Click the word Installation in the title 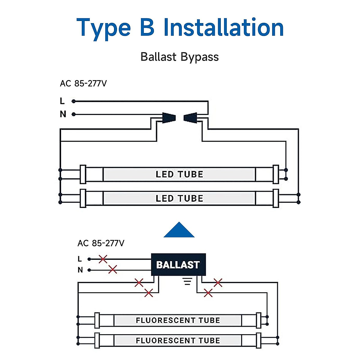tap(223, 27)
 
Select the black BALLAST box tap(178, 264)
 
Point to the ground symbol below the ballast tap(187, 281)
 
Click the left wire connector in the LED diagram tap(169, 118)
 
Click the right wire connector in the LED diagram tap(190, 118)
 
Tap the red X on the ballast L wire tap(103, 259)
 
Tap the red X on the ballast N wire tap(113, 269)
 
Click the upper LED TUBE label tap(179, 174)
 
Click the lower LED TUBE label tap(179, 198)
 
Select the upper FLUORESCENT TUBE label tap(178, 320)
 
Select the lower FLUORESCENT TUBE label tap(178, 340)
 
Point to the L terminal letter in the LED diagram tap(62, 101)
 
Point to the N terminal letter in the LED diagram tap(63, 114)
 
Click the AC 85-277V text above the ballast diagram tap(101, 243)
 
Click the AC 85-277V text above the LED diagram tap(83, 83)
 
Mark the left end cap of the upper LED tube tap(83, 174)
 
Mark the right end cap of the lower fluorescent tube tap(259, 340)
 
